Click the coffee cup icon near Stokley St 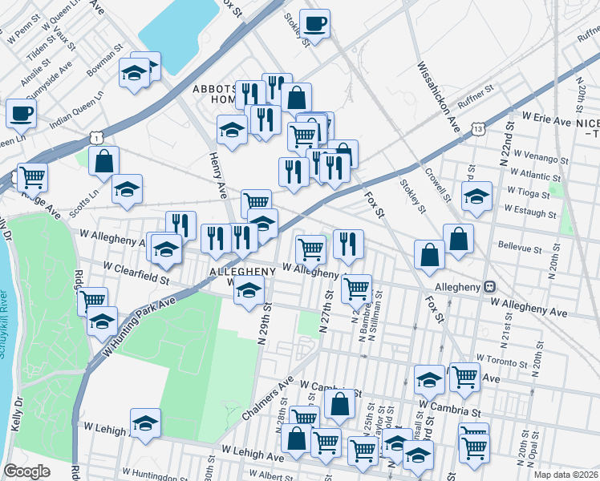(x=314, y=23)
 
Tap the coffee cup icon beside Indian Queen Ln (x=21, y=113)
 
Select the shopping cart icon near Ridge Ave (x=32, y=176)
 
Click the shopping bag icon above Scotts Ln (x=104, y=160)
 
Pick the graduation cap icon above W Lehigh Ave (x=145, y=423)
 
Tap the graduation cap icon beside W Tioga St (x=476, y=196)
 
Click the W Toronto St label (x=503, y=361)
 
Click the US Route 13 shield (x=478, y=127)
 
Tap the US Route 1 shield (x=95, y=139)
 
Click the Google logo (x=27, y=471)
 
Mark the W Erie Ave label (x=545, y=119)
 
